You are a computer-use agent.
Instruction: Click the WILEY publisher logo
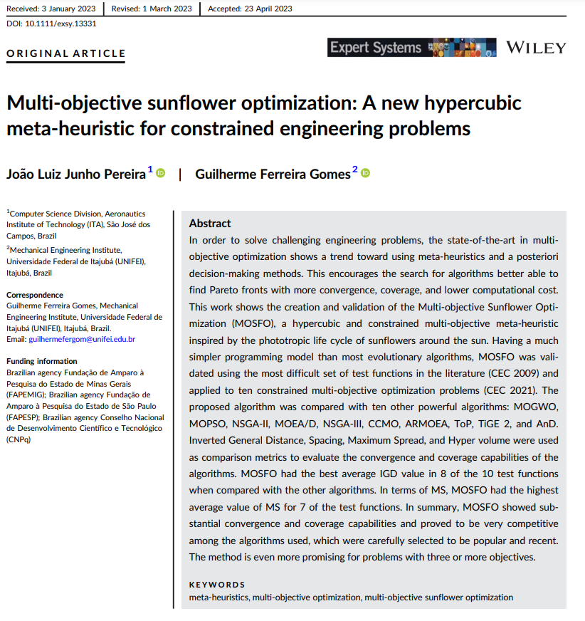click(x=535, y=48)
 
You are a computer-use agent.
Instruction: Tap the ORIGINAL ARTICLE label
click(x=66, y=53)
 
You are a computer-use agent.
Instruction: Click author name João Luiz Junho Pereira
click(x=75, y=174)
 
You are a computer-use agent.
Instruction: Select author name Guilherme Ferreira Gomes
click(x=273, y=174)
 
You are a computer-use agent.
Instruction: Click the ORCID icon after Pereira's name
click(x=161, y=173)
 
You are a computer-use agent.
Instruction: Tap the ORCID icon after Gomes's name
click(x=366, y=173)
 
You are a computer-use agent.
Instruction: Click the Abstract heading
click(x=210, y=223)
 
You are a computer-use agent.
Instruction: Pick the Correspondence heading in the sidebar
click(x=35, y=295)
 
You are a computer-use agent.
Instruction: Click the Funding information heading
click(x=41, y=361)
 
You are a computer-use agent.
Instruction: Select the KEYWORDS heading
click(x=217, y=585)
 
